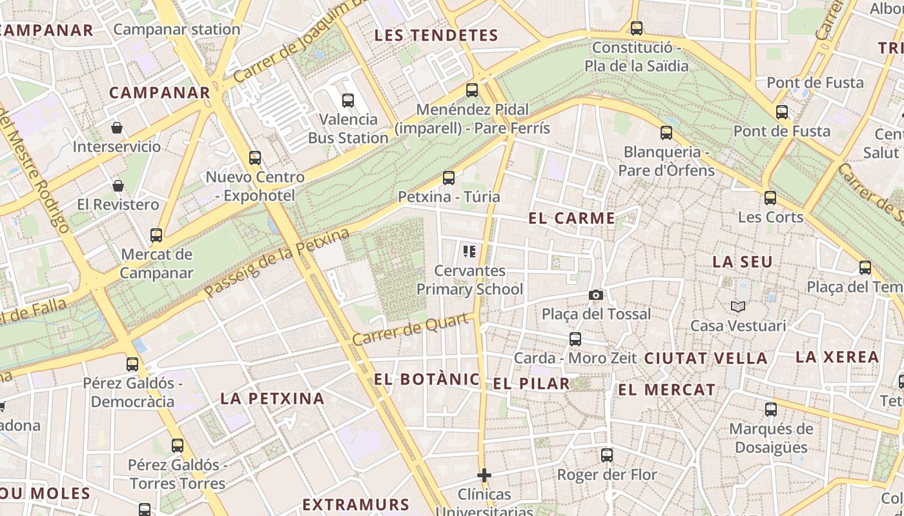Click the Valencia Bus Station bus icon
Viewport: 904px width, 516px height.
348,100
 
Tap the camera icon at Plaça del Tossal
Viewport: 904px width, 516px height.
596,295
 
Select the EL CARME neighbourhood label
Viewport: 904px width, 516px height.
571,218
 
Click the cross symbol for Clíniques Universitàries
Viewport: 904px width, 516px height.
484,475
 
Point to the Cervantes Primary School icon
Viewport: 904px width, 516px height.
469,251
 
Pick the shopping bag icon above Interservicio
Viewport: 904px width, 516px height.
117,128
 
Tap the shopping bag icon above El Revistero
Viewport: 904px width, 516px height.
118,186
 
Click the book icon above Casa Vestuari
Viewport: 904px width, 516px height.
738,306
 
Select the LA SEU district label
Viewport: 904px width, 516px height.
743,263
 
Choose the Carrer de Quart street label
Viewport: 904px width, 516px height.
410,329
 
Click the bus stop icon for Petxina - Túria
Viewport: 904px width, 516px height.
449,177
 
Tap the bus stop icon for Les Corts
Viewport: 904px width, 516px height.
770,197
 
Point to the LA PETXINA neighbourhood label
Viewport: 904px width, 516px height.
272,399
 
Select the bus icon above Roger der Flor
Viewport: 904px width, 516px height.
607,455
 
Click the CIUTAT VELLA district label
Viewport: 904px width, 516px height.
706,359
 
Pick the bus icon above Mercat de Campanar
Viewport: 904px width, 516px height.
156,235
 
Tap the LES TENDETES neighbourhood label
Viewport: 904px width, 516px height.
437,35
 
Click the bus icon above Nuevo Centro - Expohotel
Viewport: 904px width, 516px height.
255,157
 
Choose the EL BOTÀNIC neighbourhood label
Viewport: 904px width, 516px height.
427,379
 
